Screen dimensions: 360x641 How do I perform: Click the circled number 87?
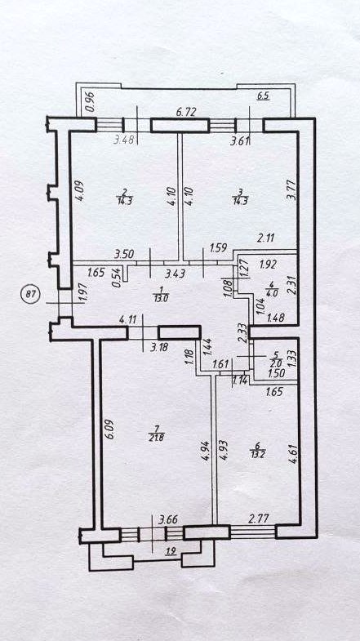click(x=30, y=295)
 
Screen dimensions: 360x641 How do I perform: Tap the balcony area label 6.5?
click(x=263, y=97)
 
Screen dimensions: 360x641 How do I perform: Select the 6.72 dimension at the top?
click(x=184, y=111)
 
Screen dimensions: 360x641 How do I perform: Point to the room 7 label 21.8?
click(x=157, y=434)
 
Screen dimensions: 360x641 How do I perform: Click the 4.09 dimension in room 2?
click(x=80, y=191)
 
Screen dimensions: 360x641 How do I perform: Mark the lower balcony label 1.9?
click(x=171, y=552)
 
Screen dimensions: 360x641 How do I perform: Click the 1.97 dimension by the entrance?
click(x=82, y=295)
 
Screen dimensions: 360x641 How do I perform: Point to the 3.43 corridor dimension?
click(x=174, y=272)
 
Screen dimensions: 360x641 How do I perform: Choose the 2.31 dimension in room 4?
click(x=291, y=284)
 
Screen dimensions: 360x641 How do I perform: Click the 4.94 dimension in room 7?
click(x=208, y=451)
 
